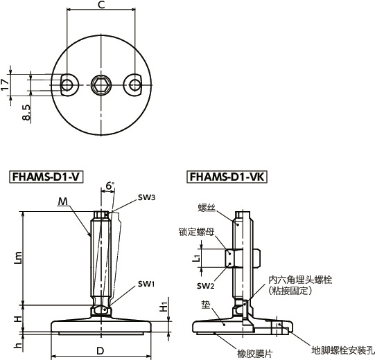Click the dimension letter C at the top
coord(101,6)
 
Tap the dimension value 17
coord(6,84)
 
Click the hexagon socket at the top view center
coord(101,84)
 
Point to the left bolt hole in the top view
coord(67,84)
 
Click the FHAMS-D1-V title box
coord(46,177)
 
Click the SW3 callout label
coord(146,197)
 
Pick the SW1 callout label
coord(146,284)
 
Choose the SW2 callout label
coord(204,286)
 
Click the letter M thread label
coord(62,201)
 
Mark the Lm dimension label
coord(18,258)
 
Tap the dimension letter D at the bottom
coord(100,351)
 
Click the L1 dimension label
coord(197,258)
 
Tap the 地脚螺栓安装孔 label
coord(342,350)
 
